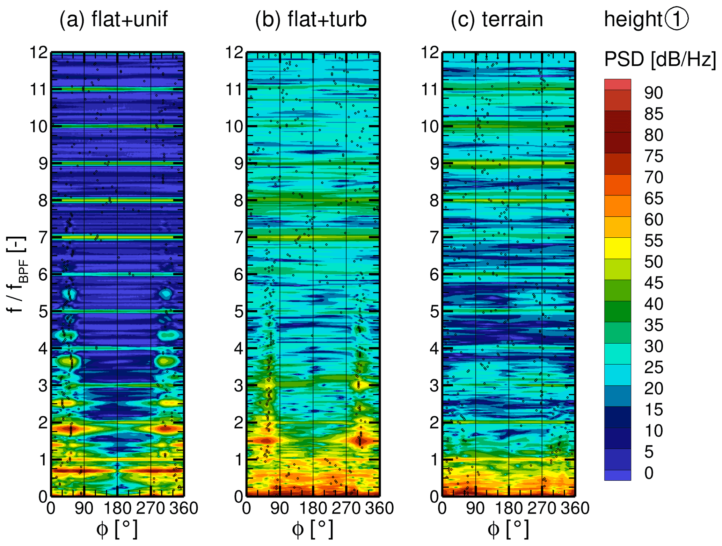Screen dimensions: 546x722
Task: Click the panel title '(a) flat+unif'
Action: tap(114, 19)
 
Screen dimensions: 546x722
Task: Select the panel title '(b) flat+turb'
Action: tap(311, 19)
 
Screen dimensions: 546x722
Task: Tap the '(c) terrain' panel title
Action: tap(497, 19)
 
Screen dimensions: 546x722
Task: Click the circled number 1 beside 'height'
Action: tap(677, 19)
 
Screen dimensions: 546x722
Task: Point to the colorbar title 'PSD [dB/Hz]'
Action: tap(660, 59)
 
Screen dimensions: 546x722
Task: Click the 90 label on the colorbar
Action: tap(654, 93)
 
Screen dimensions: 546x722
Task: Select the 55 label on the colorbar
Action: tap(654, 241)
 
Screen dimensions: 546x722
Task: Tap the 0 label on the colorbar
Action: tap(649, 473)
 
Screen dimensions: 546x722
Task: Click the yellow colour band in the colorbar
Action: tap(618, 248)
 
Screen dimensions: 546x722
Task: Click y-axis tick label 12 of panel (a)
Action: tap(38, 53)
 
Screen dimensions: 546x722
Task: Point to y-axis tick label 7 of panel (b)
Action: tap(239, 238)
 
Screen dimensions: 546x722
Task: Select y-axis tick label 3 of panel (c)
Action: tap(434, 386)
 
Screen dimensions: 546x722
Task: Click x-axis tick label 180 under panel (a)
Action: tap(117, 508)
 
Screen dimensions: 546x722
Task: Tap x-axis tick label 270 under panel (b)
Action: tap(346, 508)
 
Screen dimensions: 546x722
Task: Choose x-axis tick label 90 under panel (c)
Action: tap(475, 508)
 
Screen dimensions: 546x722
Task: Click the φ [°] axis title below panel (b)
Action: tap(313, 529)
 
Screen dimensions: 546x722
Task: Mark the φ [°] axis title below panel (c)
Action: tap(508, 529)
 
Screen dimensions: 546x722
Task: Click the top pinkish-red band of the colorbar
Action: tap(618, 85)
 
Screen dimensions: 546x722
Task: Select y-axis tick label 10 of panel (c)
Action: tap(430, 127)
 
